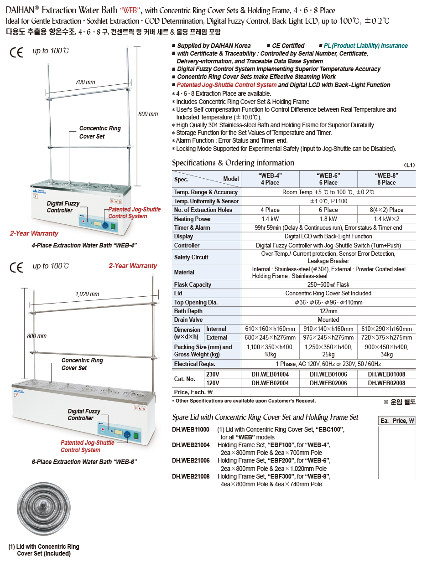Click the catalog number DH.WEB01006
(328, 374)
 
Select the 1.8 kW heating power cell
(328, 219)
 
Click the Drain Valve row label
(188, 320)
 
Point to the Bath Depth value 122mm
(328, 311)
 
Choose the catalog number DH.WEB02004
(270, 383)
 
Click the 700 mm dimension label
(85, 82)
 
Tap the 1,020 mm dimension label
(87, 294)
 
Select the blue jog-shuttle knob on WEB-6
(128, 434)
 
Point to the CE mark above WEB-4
(16, 52)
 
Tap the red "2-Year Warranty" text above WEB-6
(132, 266)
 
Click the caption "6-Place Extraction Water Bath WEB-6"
(84, 462)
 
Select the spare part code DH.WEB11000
(191, 429)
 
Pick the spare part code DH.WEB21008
(191, 476)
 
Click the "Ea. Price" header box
(397, 421)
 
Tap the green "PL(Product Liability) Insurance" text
(365, 46)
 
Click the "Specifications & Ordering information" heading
(233, 163)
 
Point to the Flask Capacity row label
(193, 285)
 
